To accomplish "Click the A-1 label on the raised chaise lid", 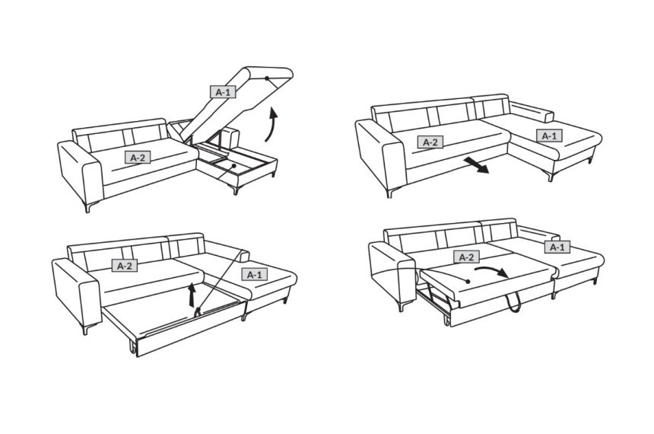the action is coord(223,92).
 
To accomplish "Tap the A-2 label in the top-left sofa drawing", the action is coord(138,158).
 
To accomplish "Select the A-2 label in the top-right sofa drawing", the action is coord(430,142).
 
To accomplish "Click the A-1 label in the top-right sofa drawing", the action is coord(549,136).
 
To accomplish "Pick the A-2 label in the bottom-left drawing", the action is coord(124,266).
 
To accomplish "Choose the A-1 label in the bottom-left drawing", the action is coord(255,274).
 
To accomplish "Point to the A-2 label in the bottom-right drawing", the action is coord(466,257).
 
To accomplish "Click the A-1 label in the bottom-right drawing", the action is coord(557,247).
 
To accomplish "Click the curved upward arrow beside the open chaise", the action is coord(272,126).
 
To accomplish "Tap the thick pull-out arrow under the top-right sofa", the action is coord(476,164).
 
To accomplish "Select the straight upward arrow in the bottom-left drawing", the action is coord(192,295).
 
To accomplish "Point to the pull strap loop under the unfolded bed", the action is coord(514,302).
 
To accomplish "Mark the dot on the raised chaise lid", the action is coord(266,78).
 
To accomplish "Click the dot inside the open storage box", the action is coord(234,166).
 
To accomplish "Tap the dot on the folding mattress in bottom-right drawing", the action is coord(468,282).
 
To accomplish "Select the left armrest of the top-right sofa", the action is coord(380,155).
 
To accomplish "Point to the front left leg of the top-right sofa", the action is coord(390,193).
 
